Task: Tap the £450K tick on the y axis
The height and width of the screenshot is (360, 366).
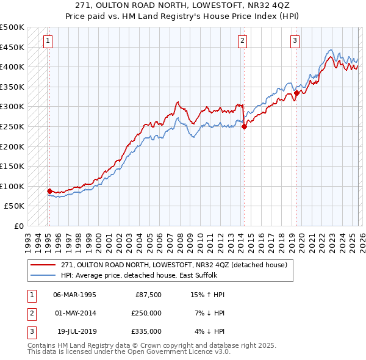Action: click(x=12, y=47)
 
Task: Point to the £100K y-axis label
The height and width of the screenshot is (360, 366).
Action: click(x=12, y=186)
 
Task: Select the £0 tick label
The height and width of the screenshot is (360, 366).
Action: click(x=18, y=226)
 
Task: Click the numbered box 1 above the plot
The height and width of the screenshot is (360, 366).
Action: click(x=48, y=41)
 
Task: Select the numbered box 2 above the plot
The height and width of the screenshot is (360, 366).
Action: click(x=242, y=41)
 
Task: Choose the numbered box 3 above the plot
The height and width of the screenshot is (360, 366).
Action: click(x=295, y=41)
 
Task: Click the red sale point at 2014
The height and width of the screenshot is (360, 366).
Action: click(x=244, y=127)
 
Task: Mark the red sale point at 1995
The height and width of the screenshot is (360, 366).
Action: click(x=50, y=191)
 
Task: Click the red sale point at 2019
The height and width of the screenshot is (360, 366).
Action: click(x=296, y=93)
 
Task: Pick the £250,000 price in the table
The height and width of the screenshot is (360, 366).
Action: click(x=146, y=313)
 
